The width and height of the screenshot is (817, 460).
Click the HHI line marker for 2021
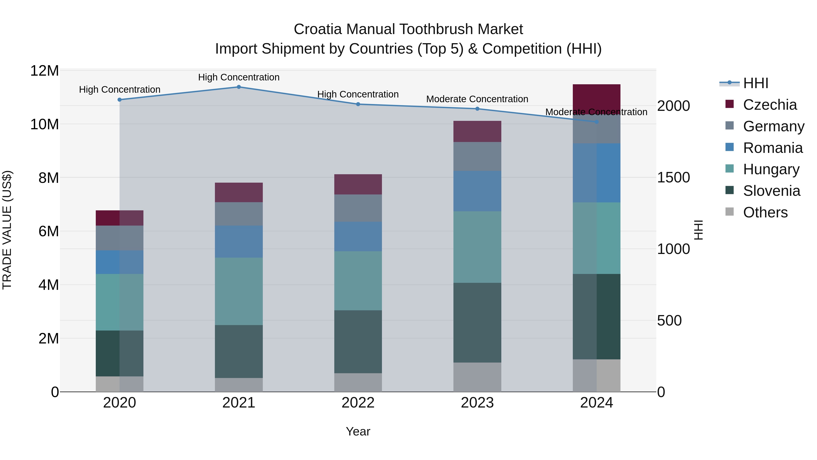pos(239,87)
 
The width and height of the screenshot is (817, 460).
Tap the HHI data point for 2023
pos(477,109)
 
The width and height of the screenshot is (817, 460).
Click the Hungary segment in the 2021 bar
pos(239,291)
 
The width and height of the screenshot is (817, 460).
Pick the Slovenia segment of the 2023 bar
pos(477,323)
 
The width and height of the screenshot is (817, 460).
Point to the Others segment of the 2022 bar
pos(358,382)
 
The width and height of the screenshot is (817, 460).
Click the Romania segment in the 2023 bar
pos(477,191)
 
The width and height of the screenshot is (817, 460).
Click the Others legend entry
pos(765,212)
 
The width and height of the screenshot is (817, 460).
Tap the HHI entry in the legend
pos(755,83)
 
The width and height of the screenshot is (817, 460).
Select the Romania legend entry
pos(773,148)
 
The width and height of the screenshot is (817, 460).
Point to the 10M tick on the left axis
pos(44,124)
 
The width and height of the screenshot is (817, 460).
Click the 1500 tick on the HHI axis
pos(673,177)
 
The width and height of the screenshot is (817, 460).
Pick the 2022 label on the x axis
pos(358,403)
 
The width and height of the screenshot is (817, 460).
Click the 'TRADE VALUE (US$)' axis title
pos(7,230)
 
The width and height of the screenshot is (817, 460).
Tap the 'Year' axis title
pos(358,431)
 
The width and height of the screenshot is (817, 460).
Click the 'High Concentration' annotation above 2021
pos(239,77)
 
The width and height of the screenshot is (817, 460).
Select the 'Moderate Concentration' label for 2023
pos(477,99)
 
